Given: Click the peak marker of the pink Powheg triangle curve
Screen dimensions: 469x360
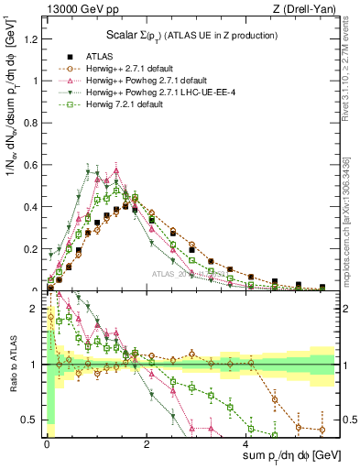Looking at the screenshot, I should click(x=116, y=169).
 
